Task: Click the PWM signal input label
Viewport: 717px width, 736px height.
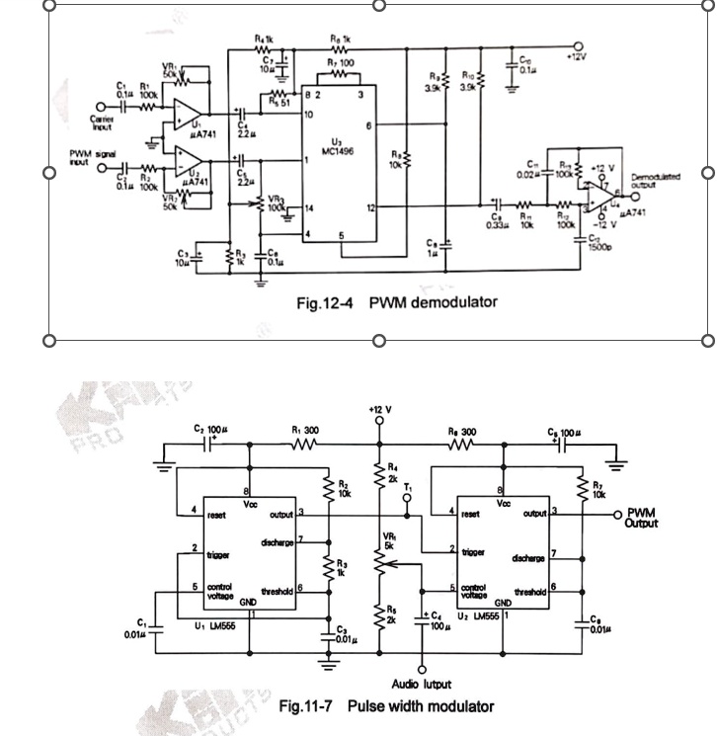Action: coord(92,157)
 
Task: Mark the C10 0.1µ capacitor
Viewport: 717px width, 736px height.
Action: coord(513,65)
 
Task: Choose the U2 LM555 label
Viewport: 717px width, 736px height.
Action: coord(481,615)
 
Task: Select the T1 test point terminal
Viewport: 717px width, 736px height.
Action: coord(408,501)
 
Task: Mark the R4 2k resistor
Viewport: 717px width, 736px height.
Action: coord(378,477)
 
